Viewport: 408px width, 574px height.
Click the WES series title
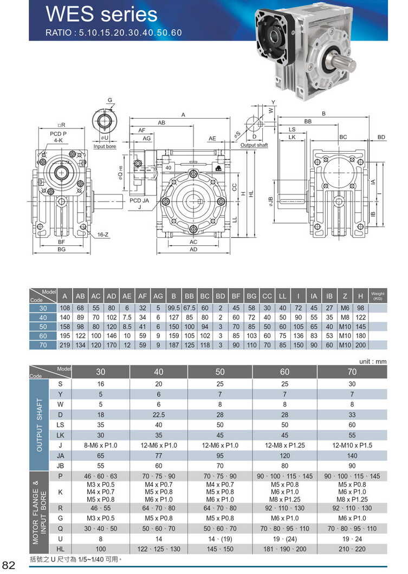point(101,14)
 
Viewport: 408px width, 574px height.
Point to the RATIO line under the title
point(113,32)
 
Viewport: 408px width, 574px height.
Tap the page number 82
point(11,565)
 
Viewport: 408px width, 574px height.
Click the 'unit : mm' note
point(373,361)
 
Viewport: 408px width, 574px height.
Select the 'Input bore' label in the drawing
point(105,147)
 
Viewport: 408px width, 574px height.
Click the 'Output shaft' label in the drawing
point(254,145)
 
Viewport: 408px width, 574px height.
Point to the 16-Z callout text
point(103,234)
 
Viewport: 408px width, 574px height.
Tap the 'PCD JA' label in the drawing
point(139,200)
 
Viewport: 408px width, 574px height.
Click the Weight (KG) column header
point(378,296)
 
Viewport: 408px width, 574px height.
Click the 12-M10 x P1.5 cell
point(352,445)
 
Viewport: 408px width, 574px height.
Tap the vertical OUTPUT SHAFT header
point(39,426)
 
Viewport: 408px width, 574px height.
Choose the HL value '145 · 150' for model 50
point(220,549)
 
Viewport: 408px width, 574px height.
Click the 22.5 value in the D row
point(158,414)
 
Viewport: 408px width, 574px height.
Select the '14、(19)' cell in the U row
point(220,539)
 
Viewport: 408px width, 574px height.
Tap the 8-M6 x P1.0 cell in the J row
point(101,445)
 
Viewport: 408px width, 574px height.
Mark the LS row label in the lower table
point(60,425)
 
